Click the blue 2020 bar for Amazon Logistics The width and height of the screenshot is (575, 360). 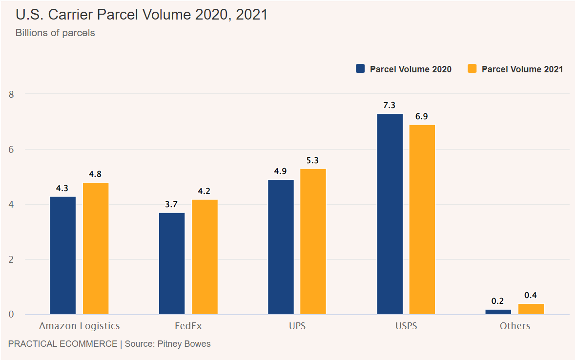[x=63, y=255]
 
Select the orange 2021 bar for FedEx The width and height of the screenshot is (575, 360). [x=205, y=256]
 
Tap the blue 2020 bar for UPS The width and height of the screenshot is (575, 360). [x=281, y=247]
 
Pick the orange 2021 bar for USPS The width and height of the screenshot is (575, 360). [x=422, y=219]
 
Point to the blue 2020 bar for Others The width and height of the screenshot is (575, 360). [x=498, y=312]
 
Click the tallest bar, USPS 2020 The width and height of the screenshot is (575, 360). [x=390, y=214]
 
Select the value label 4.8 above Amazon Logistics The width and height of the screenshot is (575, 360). [x=95, y=174]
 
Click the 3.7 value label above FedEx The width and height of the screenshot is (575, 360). [x=171, y=204]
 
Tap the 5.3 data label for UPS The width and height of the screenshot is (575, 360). [x=313, y=160]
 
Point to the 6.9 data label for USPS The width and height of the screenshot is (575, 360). [x=422, y=116]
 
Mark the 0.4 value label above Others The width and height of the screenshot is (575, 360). [x=531, y=295]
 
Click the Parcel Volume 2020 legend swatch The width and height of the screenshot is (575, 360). [x=361, y=69]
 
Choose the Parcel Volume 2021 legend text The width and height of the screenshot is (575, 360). [x=522, y=69]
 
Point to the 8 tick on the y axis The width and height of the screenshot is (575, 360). [x=12, y=94]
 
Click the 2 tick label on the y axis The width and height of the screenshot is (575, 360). [x=12, y=259]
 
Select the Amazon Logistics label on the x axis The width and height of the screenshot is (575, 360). [x=80, y=326]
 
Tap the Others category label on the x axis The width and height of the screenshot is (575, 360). [x=514, y=326]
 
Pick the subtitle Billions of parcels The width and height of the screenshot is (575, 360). [x=55, y=33]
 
